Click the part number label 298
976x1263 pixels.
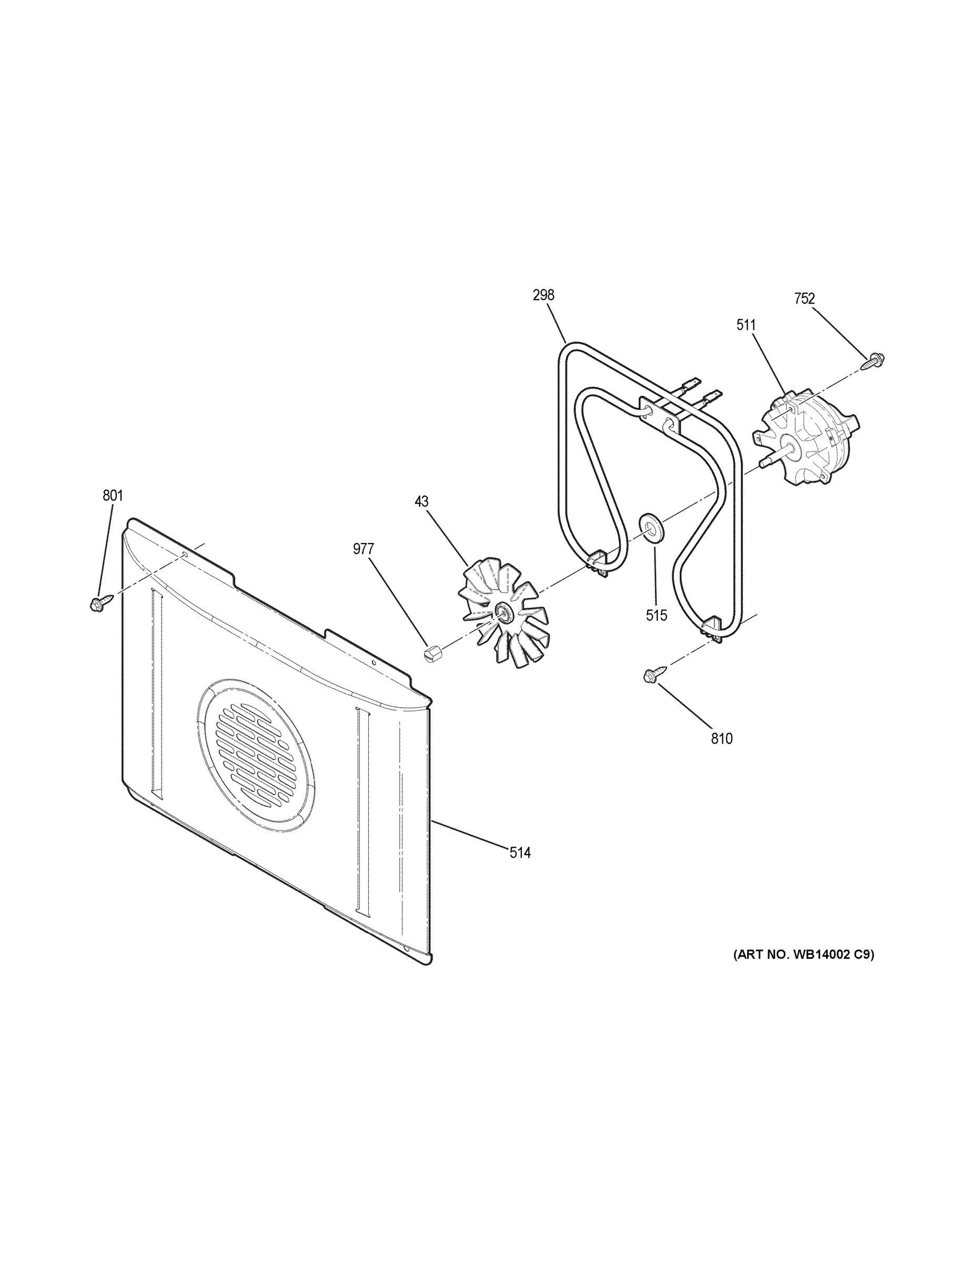(x=543, y=296)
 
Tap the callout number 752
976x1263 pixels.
(x=804, y=298)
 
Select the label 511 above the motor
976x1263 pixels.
(x=746, y=325)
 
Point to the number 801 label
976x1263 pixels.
(x=113, y=496)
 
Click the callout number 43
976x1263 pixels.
(x=421, y=502)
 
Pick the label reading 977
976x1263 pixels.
(x=364, y=549)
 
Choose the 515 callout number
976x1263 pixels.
(x=656, y=615)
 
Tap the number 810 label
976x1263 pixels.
(x=721, y=738)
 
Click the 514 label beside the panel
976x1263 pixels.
(x=520, y=853)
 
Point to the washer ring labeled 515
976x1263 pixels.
(x=651, y=527)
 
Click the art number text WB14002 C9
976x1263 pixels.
(x=804, y=954)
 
